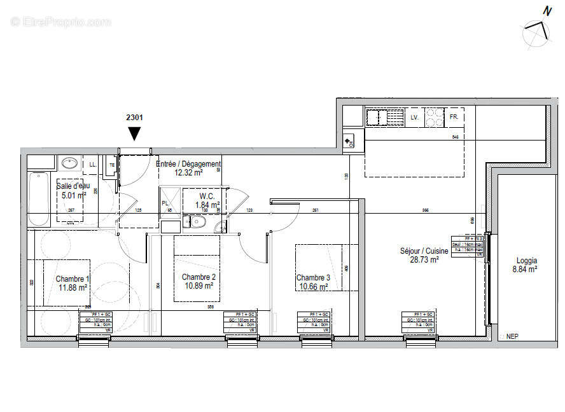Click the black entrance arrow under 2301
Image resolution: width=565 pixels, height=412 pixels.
(134, 134)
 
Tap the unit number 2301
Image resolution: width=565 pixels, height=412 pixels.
(134, 118)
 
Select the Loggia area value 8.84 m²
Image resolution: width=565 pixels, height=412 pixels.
(525, 270)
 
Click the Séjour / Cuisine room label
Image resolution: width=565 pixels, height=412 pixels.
(424, 251)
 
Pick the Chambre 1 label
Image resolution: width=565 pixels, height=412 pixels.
(73, 278)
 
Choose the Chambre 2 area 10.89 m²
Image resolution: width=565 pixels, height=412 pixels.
(199, 286)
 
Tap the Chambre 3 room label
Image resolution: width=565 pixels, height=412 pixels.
(313, 278)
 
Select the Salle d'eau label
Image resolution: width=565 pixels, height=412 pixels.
(73, 186)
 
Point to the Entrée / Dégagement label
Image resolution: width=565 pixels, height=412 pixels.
(188, 164)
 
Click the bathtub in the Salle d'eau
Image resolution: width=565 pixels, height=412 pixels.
(39, 198)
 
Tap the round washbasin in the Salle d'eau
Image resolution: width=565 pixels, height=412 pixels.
(69, 163)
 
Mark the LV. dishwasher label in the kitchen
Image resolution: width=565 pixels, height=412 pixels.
(414, 118)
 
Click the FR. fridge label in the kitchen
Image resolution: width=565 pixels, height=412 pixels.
(454, 118)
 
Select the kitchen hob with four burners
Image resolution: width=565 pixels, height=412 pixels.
(435, 118)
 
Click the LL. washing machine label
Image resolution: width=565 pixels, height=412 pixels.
(94, 164)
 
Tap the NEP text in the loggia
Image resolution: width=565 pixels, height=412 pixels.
(512, 337)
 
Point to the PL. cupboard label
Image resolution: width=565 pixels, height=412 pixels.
(165, 203)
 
